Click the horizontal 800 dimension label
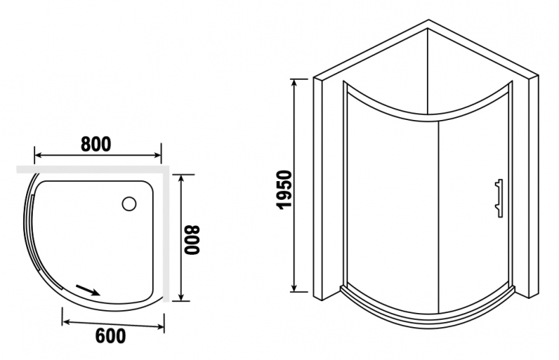point(96,144)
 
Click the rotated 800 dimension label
point(192,240)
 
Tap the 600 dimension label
point(110,335)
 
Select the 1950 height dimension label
point(285,189)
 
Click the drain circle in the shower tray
point(129,204)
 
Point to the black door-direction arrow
point(87,290)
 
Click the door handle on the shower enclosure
point(499,198)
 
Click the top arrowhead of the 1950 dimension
point(294,83)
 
